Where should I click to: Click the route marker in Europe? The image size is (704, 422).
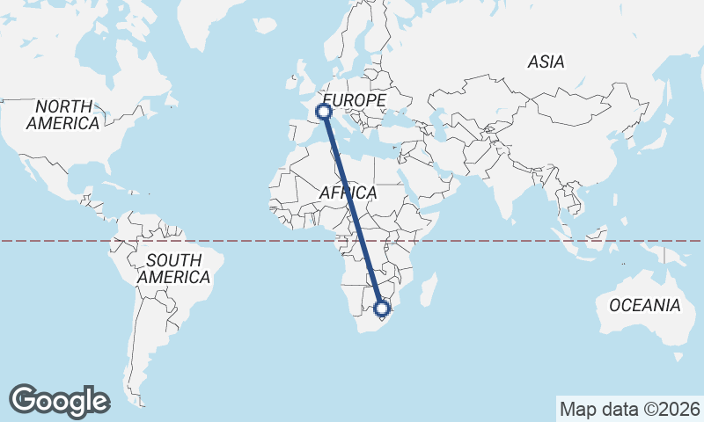[324, 112]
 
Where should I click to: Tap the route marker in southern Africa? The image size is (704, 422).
[382, 309]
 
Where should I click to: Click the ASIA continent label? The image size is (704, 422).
[546, 62]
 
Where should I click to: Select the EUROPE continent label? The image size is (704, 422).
[355, 101]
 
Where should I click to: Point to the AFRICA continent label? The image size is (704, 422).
[348, 193]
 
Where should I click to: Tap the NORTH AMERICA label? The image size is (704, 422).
[62, 114]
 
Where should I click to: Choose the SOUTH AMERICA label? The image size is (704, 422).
[173, 268]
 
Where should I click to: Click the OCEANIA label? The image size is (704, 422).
[645, 305]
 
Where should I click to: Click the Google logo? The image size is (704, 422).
[59, 400]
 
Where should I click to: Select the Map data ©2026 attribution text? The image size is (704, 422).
[629, 409]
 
